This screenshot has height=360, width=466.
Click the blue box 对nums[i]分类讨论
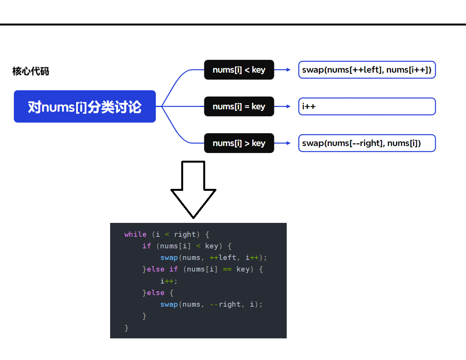pyautogui.click(x=85, y=107)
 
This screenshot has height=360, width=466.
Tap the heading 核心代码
pyautogui.click(x=31, y=71)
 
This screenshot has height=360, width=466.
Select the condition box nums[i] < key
pyautogui.click(x=239, y=70)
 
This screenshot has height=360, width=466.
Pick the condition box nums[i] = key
pyautogui.click(x=239, y=107)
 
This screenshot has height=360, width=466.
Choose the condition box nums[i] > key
pyautogui.click(x=239, y=143)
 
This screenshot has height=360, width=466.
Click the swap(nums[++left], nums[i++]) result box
pyautogui.click(x=367, y=70)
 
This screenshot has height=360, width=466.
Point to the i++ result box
pyautogui.click(x=367, y=107)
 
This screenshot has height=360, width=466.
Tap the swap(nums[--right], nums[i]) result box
pyautogui.click(x=367, y=143)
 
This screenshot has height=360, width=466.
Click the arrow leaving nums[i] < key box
pyautogui.click(x=283, y=70)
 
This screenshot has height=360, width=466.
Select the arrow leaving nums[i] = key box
pyautogui.click(x=283, y=107)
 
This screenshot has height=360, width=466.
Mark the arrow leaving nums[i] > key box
pyautogui.click(x=283, y=143)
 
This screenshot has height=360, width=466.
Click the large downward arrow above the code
pyautogui.click(x=194, y=199)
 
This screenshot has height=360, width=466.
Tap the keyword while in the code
pyautogui.click(x=135, y=234)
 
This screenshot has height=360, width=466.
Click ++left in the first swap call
pyautogui.click(x=223, y=258)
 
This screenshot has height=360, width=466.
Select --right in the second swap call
pyautogui.click(x=225, y=304)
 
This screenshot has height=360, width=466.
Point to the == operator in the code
pyautogui.click(x=227, y=269)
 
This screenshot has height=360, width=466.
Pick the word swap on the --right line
pyautogui.click(x=169, y=304)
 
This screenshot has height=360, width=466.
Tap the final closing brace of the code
pyautogui.click(x=126, y=328)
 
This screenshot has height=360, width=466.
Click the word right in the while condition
pyautogui.click(x=185, y=234)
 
